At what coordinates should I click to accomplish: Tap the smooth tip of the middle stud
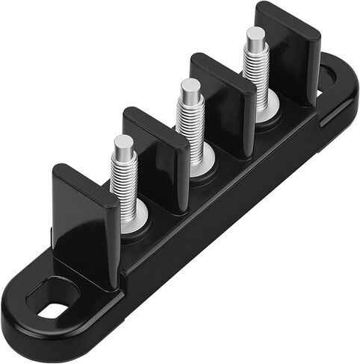coord(190,89)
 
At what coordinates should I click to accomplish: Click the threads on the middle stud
coord(191,123)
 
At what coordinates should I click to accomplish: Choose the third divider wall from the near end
coord(223,104)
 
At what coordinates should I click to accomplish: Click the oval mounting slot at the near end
coord(52,308)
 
